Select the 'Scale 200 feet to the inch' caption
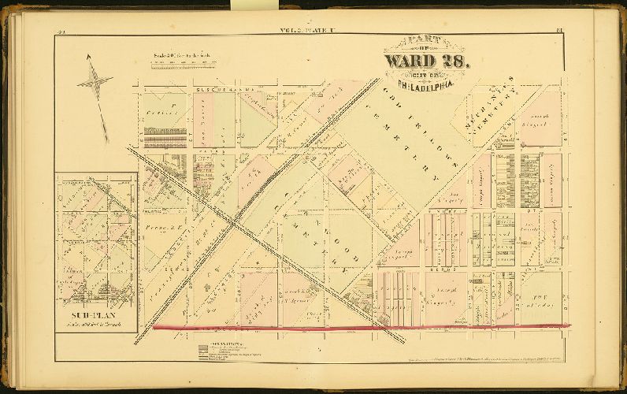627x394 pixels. [183, 57]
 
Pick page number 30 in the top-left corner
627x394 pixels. [61, 32]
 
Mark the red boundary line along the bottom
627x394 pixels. [354, 326]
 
